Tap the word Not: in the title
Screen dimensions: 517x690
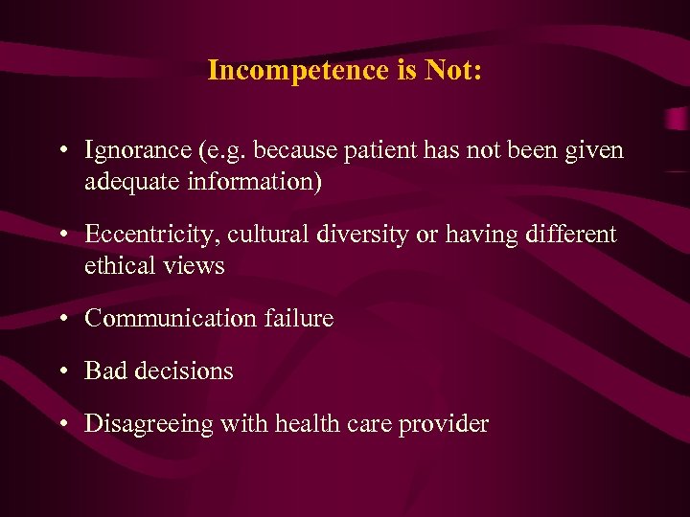click(x=449, y=71)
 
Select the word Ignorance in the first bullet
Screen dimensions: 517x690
click(x=136, y=151)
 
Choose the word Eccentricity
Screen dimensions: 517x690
click(x=143, y=235)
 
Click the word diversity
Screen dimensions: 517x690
click(x=336, y=235)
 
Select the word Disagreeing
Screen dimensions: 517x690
click(x=149, y=424)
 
